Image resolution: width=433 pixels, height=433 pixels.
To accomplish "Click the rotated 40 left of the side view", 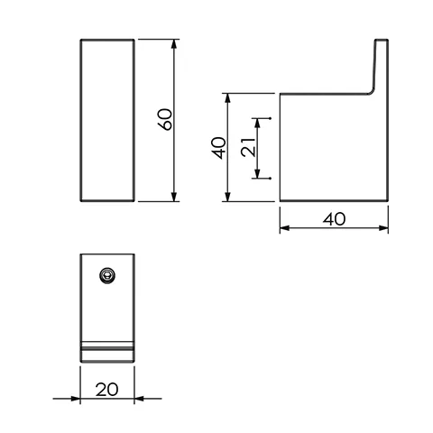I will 216,147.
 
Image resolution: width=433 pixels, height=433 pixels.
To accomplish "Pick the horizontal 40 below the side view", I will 335,219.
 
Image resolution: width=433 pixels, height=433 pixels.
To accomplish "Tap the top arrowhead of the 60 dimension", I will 172,42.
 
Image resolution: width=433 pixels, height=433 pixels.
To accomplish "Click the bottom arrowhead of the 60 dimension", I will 172,198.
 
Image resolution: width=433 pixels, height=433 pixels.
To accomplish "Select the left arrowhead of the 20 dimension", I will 84,398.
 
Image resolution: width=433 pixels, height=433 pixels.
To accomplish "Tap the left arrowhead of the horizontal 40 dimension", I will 283,228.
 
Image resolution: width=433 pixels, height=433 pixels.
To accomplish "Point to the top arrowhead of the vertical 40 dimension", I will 228,96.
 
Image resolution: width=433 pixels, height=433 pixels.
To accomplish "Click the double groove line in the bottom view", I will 107,345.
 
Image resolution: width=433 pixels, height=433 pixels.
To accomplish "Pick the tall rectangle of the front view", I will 107,119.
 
